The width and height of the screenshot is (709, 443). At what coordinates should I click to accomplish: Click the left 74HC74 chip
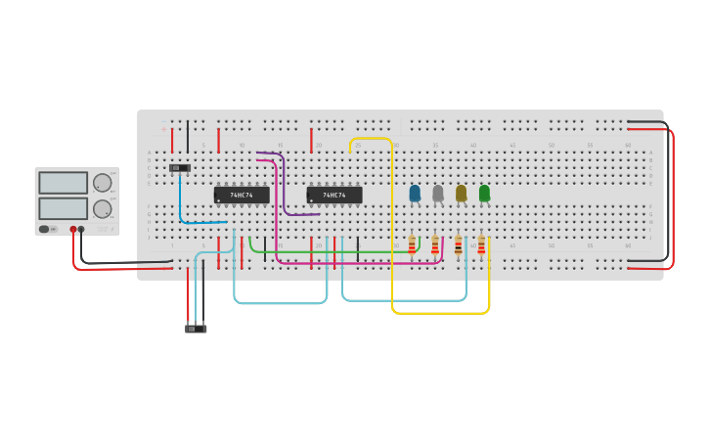[242, 195]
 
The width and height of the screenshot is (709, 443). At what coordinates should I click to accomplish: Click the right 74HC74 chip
[334, 195]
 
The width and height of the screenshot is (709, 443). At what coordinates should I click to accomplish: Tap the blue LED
[415, 194]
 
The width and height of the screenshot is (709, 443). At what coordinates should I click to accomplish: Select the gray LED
[438, 194]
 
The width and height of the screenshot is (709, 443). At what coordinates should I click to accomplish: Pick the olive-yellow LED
[461, 194]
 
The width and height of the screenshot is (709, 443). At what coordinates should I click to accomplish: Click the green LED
[484, 194]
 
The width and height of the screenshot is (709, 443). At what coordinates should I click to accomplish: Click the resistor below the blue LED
[412, 245]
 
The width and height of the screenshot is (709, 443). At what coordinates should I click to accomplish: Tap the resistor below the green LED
[481, 245]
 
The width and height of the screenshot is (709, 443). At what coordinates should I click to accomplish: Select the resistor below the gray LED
[435, 245]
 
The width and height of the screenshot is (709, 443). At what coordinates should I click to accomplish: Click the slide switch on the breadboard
[180, 168]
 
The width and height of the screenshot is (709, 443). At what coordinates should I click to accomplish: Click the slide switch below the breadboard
[196, 329]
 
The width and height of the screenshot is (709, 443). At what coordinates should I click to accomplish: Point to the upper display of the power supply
[63, 183]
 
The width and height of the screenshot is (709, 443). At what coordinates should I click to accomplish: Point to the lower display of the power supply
[63, 208]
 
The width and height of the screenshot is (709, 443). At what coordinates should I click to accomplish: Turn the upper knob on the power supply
[102, 182]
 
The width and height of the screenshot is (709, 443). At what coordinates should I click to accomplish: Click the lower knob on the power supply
[102, 208]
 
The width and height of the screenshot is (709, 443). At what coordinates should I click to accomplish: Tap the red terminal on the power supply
[72, 229]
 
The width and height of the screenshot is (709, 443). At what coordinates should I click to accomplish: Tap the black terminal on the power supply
[81, 229]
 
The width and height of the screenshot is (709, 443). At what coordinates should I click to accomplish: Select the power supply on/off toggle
[44, 229]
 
